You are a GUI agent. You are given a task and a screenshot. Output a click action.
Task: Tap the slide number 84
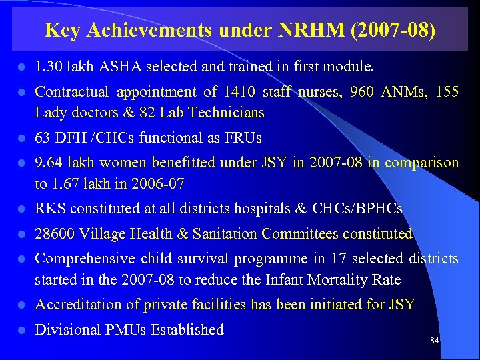pyautogui.click(x=435, y=341)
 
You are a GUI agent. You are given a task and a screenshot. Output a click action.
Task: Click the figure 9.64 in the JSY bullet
pyautogui.click(x=48, y=163)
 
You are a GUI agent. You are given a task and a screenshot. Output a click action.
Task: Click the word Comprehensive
pyautogui.click(x=84, y=258)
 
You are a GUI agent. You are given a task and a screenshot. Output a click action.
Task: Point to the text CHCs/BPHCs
pyautogui.click(x=357, y=209)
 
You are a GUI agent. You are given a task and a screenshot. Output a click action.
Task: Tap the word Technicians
pyautogui.click(x=227, y=113)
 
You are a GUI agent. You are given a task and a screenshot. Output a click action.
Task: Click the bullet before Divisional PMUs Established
pyautogui.click(x=21, y=330)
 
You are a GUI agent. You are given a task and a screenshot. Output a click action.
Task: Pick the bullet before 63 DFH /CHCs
pyautogui.click(x=21, y=139)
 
